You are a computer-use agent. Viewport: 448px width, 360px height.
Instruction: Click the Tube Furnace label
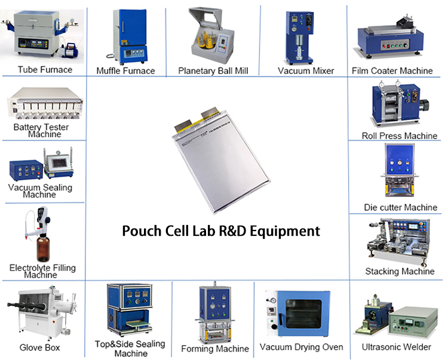click(45, 70)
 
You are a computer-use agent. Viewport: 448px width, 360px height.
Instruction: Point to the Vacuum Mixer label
click(306, 70)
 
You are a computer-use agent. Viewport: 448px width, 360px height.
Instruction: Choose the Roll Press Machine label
click(400, 136)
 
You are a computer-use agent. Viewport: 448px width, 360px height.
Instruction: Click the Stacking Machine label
click(400, 272)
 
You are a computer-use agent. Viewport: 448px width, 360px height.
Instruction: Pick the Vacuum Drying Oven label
click(301, 347)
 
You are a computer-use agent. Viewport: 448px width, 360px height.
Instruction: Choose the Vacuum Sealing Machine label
click(40, 190)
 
